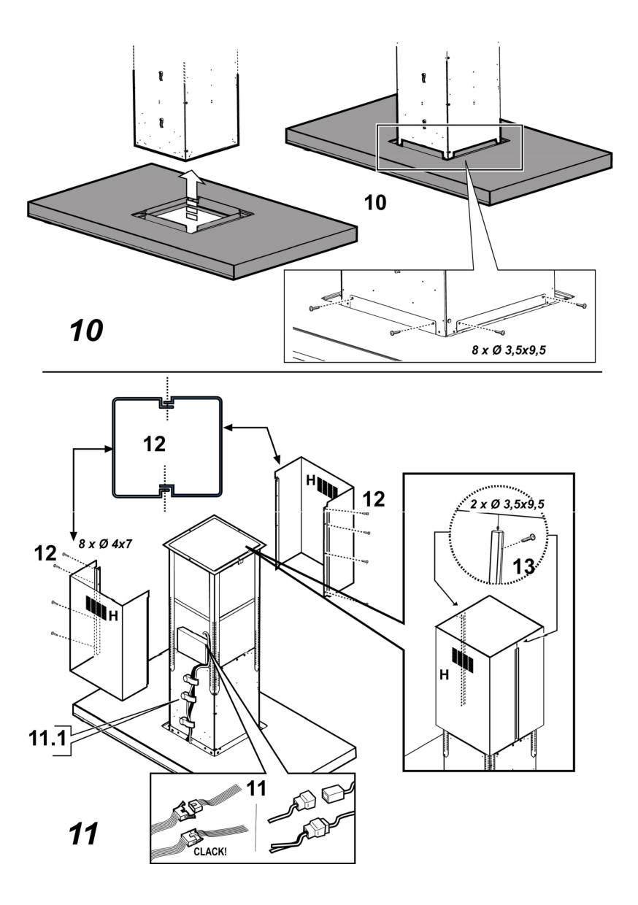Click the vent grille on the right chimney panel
326,487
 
